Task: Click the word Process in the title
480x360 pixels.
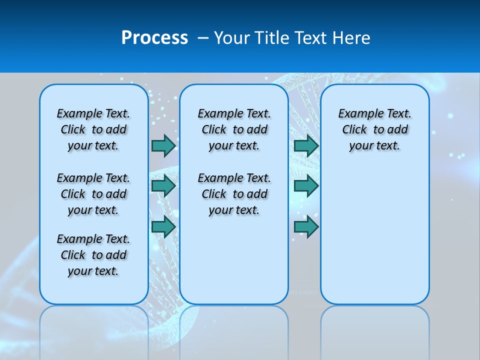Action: [154, 38]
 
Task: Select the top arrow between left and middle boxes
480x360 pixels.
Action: [163, 145]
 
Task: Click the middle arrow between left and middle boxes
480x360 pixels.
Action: [163, 186]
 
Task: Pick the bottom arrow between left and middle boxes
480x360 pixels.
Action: [163, 227]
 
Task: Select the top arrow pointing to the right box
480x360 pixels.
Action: [306, 145]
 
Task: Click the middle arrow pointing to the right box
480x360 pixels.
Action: [306, 186]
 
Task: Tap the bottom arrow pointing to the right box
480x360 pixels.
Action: [306, 227]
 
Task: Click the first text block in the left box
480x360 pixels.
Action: [93, 129]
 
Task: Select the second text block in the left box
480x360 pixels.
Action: [93, 194]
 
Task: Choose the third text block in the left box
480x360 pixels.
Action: [93, 255]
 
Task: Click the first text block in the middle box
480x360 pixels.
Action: [234, 129]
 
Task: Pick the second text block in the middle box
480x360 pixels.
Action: [234, 194]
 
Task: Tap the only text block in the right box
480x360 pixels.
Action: [375, 129]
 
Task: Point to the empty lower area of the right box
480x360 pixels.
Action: [375, 235]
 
